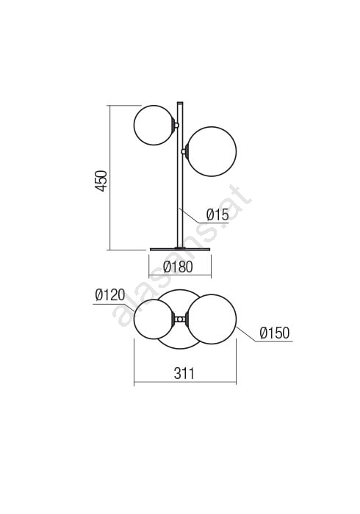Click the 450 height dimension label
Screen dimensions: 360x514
click(x=101, y=181)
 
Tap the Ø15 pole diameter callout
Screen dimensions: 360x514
click(x=217, y=215)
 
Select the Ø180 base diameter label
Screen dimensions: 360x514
click(x=178, y=267)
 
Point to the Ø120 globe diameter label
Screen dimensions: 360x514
click(x=110, y=295)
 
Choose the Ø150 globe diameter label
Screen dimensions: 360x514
click(x=275, y=333)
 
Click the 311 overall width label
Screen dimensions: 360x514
click(x=184, y=373)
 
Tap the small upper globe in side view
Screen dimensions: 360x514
click(x=154, y=125)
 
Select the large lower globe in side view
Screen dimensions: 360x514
click(x=211, y=151)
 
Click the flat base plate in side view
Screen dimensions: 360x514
click(x=179, y=250)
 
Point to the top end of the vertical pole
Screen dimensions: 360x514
click(x=180, y=103)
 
